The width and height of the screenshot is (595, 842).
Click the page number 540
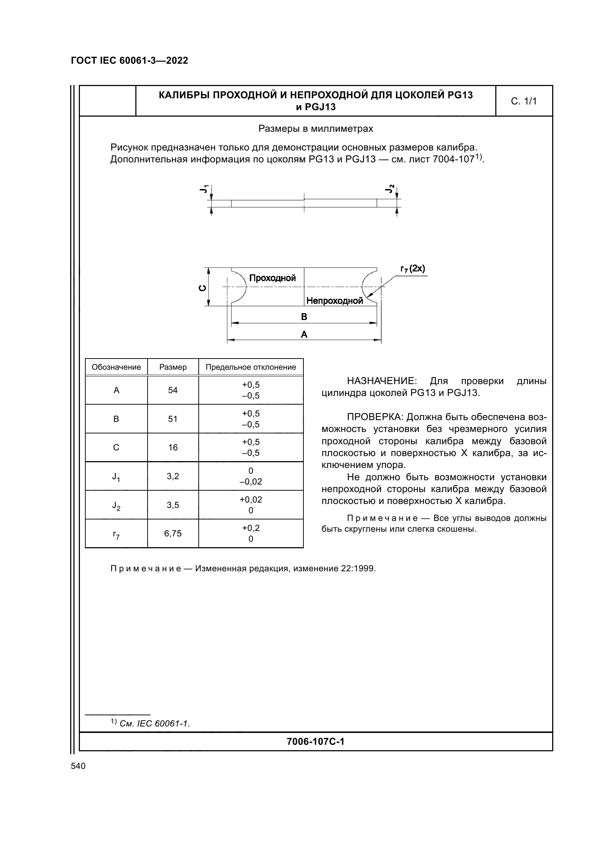point(78,766)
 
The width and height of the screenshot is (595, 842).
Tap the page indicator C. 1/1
point(523,101)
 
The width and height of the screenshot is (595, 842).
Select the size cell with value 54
point(173,390)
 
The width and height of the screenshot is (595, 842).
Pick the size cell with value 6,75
point(173,533)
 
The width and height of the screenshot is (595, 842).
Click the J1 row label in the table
point(116,477)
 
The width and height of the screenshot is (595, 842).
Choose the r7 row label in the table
point(116,534)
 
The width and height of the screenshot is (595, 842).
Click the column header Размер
point(173,367)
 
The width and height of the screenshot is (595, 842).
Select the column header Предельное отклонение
point(251,367)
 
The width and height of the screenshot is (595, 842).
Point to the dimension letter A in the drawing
point(304,334)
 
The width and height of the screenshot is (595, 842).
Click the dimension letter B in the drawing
point(304,317)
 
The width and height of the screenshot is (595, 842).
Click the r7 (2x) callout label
point(413,269)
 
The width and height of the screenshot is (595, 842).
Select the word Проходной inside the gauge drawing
point(272,278)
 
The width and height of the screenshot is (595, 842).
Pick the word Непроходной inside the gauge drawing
point(334,301)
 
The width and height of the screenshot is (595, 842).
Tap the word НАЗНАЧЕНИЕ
point(381,381)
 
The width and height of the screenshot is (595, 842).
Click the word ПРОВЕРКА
point(375,417)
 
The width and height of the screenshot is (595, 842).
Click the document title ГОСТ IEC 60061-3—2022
point(130,60)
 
